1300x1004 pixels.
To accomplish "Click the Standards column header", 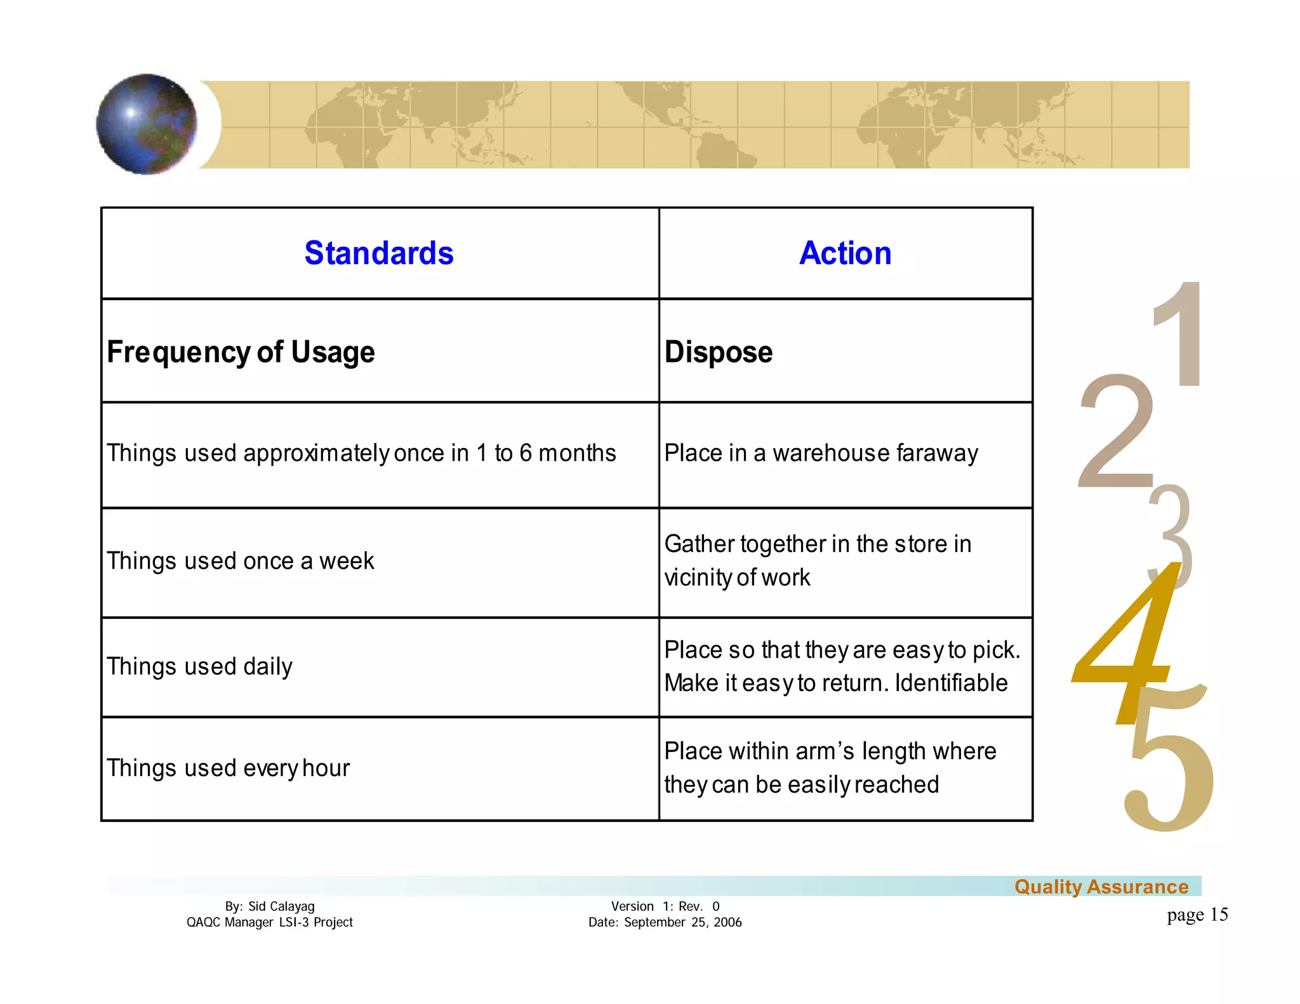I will tap(379, 253).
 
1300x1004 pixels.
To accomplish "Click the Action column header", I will tap(845, 253).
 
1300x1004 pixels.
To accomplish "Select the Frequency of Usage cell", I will tap(241, 352).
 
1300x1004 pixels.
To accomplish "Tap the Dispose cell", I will tap(718, 352).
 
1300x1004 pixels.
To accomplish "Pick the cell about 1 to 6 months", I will tap(361, 453).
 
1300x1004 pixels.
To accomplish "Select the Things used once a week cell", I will tap(241, 561).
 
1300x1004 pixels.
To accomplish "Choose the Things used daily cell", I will tap(199, 666).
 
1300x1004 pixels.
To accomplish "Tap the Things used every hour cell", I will tap(228, 768).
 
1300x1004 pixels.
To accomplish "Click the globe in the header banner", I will tap(147, 124).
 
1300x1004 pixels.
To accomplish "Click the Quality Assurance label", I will tap(1101, 887).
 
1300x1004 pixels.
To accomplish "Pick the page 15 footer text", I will tap(1197, 915).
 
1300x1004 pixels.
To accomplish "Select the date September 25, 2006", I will tap(682, 922).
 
